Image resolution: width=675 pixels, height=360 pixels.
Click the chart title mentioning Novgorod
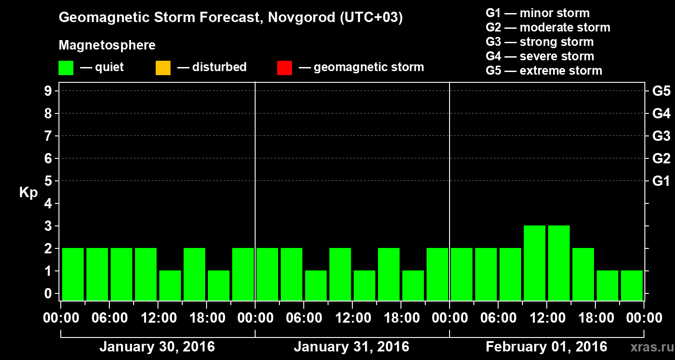click(x=230, y=18)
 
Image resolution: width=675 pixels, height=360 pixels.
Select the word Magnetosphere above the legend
click(x=107, y=45)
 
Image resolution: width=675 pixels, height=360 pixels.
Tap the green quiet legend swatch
click(x=66, y=68)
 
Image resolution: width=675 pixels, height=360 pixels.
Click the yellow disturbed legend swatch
click(x=163, y=68)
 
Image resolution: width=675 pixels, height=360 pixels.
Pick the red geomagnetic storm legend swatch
click(x=284, y=68)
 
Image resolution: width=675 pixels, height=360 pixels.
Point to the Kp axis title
click(x=28, y=193)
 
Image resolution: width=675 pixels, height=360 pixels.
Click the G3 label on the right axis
click(x=661, y=136)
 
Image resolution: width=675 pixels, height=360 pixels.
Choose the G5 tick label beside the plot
click(x=661, y=91)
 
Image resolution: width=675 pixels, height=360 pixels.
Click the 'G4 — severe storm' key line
click(x=540, y=56)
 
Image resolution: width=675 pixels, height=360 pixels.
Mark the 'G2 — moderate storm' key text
click(x=548, y=27)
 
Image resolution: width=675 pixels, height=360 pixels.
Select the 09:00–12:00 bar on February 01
click(x=535, y=263)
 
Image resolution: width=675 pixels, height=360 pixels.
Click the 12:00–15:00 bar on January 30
click(x=170, y=285)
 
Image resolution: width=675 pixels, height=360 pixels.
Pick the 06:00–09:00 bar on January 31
click(x=316, y=285)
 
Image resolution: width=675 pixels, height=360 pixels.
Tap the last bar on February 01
click(x=632, y=285)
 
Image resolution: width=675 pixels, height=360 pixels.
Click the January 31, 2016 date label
click(x=351, y=347)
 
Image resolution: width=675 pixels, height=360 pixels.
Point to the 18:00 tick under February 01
click(x=595, y=318)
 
